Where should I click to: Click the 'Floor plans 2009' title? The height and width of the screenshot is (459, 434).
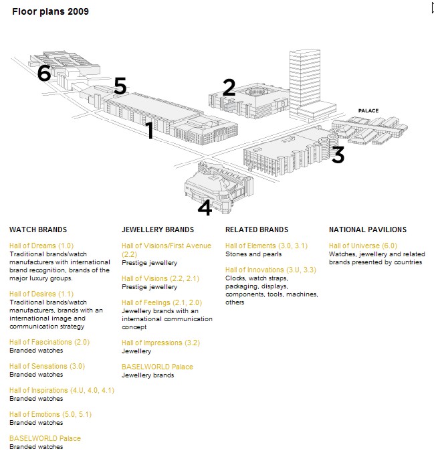[x=50, y=11]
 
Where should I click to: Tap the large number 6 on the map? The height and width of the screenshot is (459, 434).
[x=44, y=72]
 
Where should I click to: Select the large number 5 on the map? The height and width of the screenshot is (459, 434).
[x=120, y=86]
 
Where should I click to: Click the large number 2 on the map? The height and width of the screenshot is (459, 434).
[x=229, y=88]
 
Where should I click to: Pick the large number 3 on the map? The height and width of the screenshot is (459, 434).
[x=338, y=155]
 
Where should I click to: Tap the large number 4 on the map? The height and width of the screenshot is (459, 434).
[x=205, y=207]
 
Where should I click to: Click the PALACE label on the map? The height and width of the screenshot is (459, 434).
[x=368, y=110]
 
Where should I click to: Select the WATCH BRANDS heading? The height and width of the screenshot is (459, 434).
[x=38, y=230]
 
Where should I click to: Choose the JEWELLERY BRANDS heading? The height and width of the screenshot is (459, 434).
[x=158, y=230]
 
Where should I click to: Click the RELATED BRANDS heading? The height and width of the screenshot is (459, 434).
[x=257, y=230]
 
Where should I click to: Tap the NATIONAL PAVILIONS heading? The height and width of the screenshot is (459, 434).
[x=368, y=230]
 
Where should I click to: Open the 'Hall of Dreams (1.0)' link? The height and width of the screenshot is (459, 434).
[x=41, y=246]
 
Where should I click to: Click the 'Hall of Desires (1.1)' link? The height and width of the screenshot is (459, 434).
[x=41, y=294]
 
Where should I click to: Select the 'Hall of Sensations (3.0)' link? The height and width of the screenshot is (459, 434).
[x=47, y=366]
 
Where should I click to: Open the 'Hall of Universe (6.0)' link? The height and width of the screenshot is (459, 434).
[x=363, y=246]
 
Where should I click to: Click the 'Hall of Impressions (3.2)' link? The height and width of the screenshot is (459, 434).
[x=160, y=343]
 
